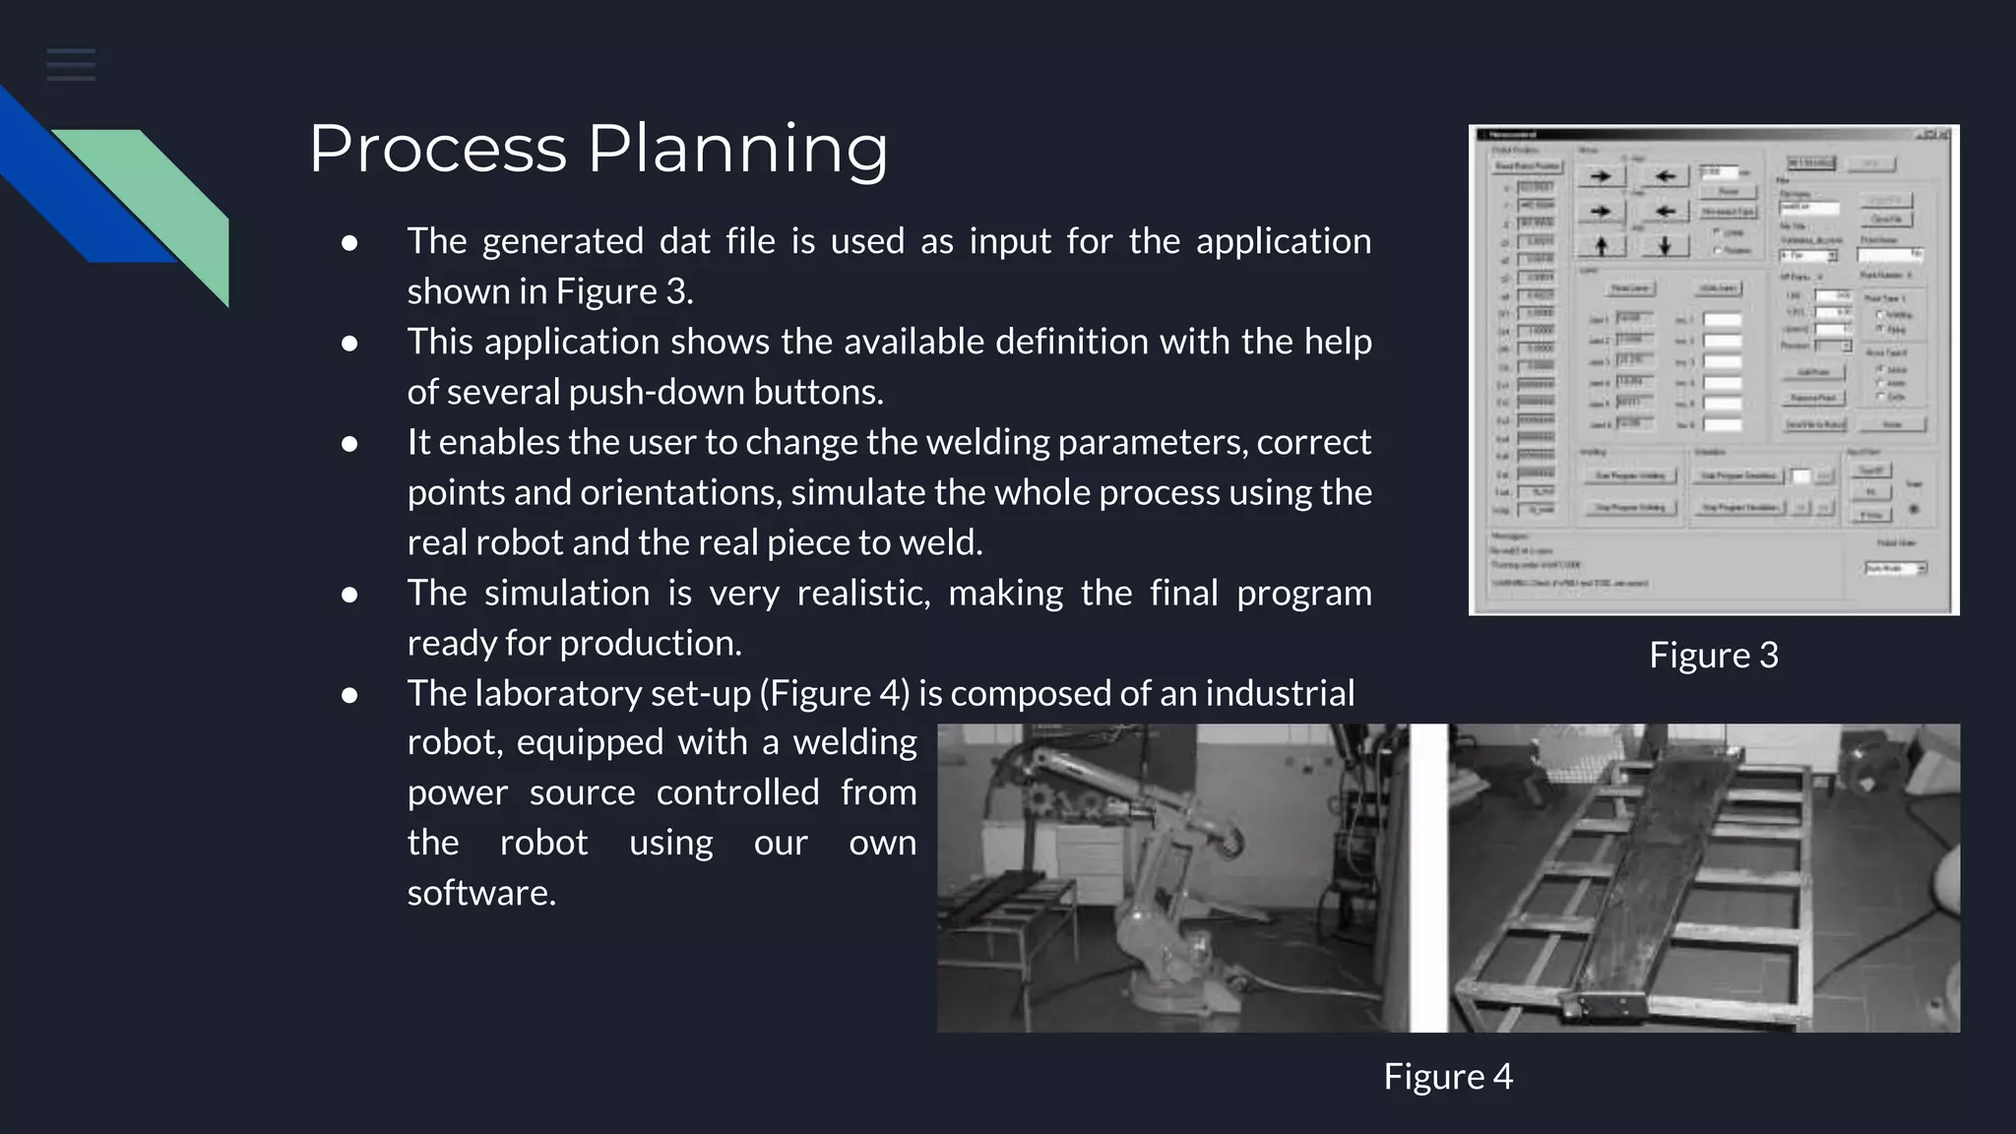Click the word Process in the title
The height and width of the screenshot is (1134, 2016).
(437, 149)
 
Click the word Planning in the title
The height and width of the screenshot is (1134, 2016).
(737, 149)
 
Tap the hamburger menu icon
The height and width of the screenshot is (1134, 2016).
(71, 65)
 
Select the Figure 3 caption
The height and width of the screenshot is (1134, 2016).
(1714, 656)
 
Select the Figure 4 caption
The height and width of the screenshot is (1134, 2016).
(1447, 1076)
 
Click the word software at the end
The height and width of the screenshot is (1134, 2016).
(480, 893)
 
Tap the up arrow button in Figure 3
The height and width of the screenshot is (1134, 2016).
(1601, 245)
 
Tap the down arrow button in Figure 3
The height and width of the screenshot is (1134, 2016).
(1665, 245)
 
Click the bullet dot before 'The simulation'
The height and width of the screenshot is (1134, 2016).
(349, 595)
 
